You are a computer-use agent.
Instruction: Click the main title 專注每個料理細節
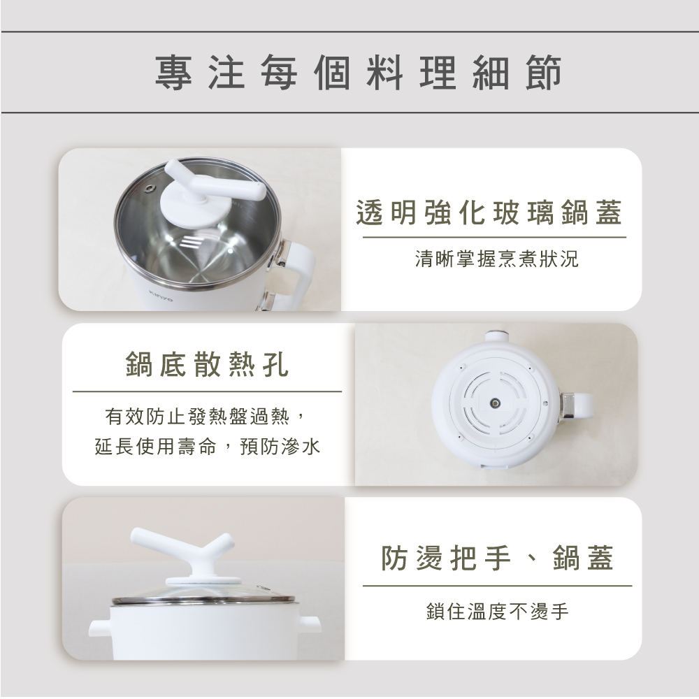[358, 73]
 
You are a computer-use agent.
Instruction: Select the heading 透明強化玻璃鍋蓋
[489, 212]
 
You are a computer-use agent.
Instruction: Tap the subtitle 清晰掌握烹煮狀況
[496, 259]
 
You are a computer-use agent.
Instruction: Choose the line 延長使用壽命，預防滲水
[208, 446]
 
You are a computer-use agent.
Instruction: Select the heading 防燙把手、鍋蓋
[497, 558]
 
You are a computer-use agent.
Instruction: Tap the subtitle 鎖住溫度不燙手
[498, 611]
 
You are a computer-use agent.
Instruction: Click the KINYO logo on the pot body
[161, 295]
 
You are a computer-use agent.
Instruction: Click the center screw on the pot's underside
[495, 404]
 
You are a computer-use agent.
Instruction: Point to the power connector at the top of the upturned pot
[495, 335]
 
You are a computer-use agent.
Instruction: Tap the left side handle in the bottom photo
[100, 626]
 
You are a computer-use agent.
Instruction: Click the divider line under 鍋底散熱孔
[207, 391]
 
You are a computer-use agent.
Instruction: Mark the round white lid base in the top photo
[196, 210]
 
